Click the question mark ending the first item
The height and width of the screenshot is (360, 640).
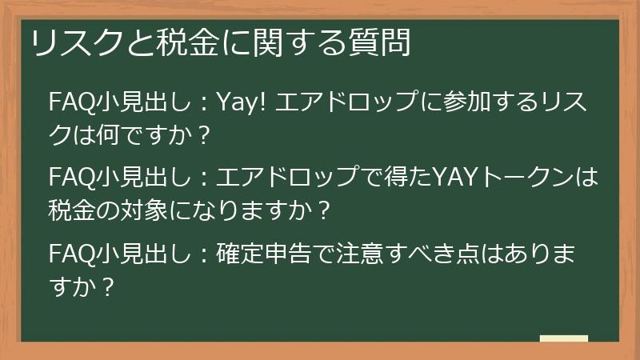201,134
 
